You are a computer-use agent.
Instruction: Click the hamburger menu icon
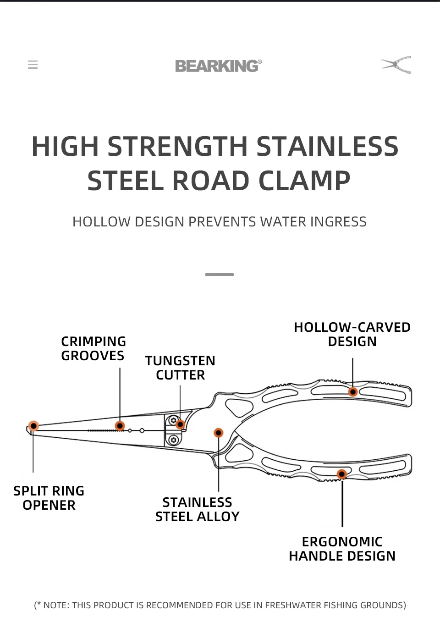[x=33, y=65]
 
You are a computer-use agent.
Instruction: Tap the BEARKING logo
[x=218, y=66]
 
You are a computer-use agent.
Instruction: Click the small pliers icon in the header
[x=396, y=65]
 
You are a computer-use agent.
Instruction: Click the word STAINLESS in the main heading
[x=327, y=147]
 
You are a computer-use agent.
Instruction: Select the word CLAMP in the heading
[x=304, y=181]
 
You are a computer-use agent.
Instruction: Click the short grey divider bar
[x=220, y=275]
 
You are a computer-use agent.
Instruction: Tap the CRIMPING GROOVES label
[x=93, y=348]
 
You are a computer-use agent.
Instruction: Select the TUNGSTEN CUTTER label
[x=180, y=368]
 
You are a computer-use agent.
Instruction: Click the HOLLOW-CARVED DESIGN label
[x=352, y=334]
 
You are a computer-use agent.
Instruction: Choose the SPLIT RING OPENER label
[x=49, y=498]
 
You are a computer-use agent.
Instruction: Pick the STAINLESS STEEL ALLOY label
[x=198, y=509]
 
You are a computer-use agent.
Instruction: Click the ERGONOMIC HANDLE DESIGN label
[x=342, y=549]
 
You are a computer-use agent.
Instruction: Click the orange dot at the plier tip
[x=33, y=426]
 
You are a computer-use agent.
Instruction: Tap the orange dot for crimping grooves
[x=120, y=426]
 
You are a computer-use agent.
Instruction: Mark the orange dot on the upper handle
[x=353, y=392]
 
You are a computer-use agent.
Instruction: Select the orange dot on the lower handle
[x=342, y=474]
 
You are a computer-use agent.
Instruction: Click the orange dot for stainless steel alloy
[x=219, y=433]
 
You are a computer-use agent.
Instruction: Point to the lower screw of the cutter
[x=173, y=440]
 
